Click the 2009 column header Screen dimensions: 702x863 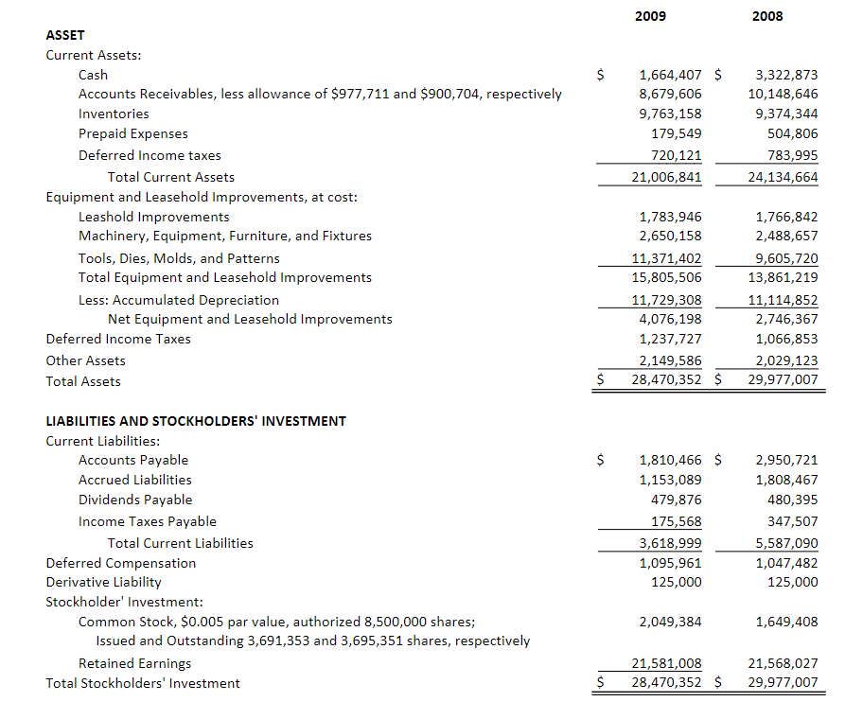pos(649,16)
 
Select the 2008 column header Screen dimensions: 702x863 pos(767,16)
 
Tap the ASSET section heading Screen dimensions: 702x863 pos(65,35)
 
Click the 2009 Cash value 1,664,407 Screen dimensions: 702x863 pos(671,75)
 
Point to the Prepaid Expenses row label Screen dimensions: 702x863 pos(132,133)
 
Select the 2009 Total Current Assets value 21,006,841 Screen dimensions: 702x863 pos(666,177)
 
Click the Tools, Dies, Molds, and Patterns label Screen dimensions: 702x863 pos(179,258)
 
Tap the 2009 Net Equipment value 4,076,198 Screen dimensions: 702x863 pos(671,319)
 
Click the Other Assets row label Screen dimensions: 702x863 pos(85,360)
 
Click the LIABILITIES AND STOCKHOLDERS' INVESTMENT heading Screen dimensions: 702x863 pos(196,421)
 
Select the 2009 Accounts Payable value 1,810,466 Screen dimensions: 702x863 pos(671,461)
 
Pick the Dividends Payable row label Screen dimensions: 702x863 pos(134,500)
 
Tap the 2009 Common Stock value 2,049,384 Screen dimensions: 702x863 pos(671,622)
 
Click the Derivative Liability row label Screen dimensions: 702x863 pos(103,582)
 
